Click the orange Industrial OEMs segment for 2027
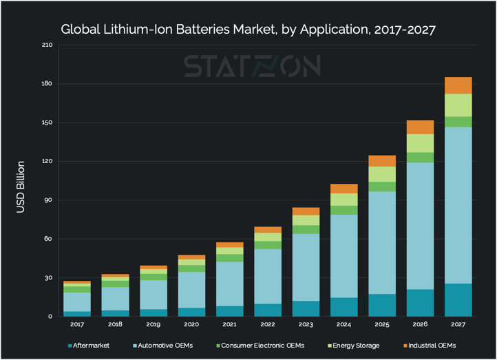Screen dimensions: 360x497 click(458, 85)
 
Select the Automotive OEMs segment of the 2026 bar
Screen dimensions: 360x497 click(420, 226)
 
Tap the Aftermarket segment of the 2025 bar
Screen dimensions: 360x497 click(382, 305)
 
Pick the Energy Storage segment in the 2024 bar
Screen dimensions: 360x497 click(344, 200)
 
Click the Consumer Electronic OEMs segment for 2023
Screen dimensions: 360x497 click(306, 229)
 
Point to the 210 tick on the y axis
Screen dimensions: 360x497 click(46, 45)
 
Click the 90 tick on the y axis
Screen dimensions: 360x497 click(48, 200)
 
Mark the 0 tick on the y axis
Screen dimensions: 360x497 click(50, 317)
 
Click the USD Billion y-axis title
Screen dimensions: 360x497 click(21, 187)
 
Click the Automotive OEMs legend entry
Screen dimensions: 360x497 click(165, 345)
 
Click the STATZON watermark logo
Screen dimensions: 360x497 click(251, 66)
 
